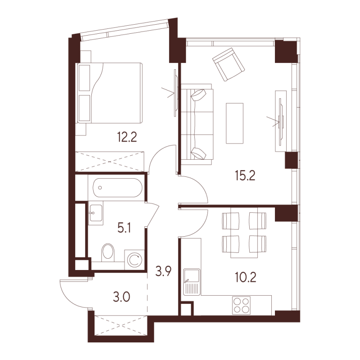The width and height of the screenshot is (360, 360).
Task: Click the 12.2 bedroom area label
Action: (127, 137)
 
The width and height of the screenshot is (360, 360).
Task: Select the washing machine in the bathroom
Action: (134, 260)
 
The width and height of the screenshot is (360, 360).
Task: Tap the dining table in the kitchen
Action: (245, 232)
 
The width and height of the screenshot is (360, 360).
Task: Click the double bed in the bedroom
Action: (109, 93)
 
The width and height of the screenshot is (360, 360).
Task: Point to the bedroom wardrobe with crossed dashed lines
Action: (110, 162)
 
